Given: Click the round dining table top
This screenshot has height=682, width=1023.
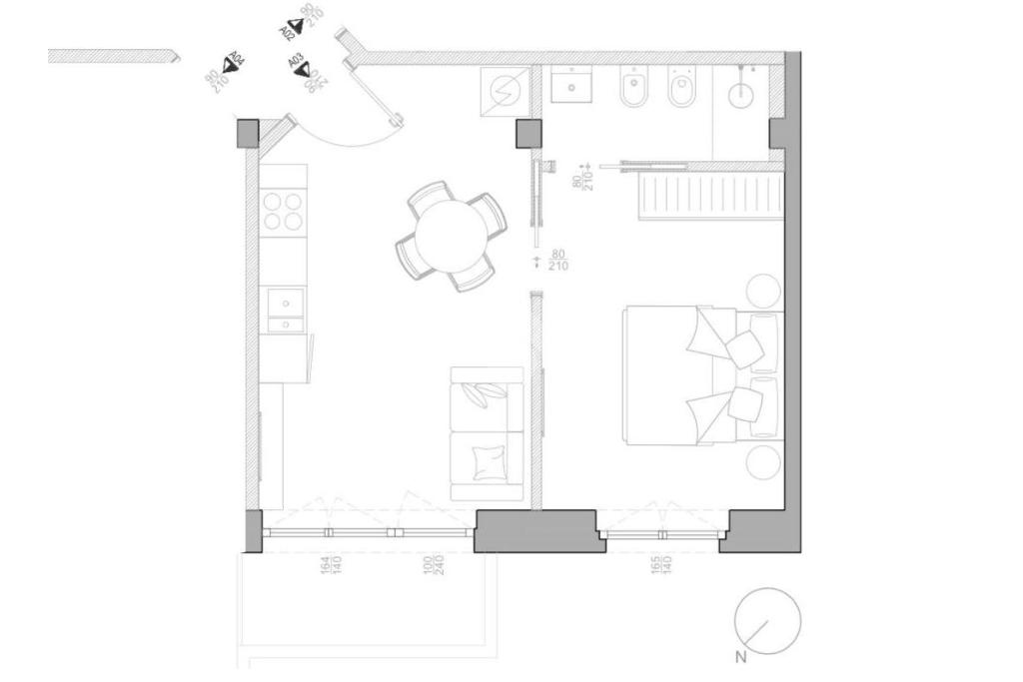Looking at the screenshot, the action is [452, 236].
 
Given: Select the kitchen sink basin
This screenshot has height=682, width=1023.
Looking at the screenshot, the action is [286, 302].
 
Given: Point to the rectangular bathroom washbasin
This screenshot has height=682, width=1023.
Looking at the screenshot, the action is [572, 86].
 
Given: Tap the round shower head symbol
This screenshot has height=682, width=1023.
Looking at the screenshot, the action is [740, 96].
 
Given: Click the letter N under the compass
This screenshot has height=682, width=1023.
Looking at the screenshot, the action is [741, 657].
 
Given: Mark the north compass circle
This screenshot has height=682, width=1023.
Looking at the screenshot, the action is [767, 621].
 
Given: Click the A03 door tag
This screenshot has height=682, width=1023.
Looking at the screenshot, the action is [300, 68].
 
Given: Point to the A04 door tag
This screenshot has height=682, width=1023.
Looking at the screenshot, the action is [233, 63].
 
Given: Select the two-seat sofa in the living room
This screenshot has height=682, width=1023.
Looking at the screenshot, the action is [488, 433].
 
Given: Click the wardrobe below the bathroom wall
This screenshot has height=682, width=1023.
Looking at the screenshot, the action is [710, 196].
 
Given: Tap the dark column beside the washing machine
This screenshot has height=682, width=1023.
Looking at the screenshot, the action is [528, 134].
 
